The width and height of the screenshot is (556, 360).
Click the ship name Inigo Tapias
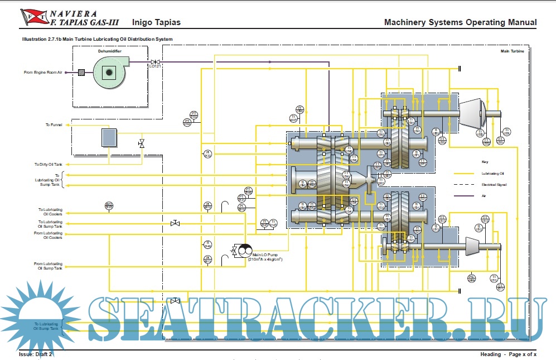coord(156,23)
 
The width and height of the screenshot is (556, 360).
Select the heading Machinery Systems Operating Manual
coord(460,23)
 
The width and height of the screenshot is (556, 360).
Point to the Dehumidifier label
coord(110,51)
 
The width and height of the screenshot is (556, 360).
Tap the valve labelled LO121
coord(155,61)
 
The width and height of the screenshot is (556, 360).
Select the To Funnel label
coord(54,125)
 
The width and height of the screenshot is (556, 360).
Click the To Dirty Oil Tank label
coord(49,165)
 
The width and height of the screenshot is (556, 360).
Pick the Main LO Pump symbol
coord(244,251)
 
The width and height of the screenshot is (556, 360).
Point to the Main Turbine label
coord(512,51)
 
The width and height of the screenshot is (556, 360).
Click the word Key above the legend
coord(485,162)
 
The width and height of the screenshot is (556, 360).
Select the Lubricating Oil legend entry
coord(492,174)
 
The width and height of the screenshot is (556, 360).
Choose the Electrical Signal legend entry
coord(494,184)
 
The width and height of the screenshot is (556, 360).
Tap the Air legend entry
coord(484,196)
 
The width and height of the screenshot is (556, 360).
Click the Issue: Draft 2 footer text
coord(36,354)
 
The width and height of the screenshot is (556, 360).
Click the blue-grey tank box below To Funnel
coord(109,137)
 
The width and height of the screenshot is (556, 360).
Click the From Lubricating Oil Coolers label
coord(49,236)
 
